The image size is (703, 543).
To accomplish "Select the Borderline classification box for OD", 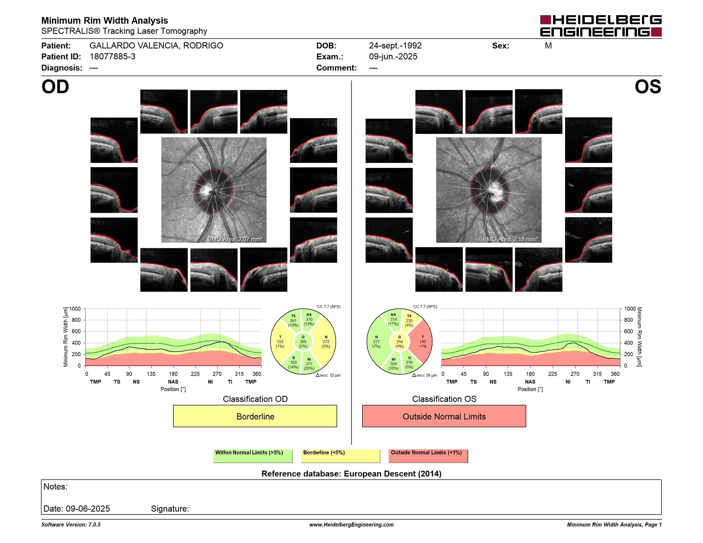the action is pos(255,416).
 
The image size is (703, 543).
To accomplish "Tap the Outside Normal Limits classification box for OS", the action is pos(444,416).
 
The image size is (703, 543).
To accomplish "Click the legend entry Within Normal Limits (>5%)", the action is pos(253,456).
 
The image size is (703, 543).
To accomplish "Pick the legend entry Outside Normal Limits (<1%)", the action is pos(428,456).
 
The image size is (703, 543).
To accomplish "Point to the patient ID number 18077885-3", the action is pos(112,57).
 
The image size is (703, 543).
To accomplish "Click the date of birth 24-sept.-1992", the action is pos(395,46).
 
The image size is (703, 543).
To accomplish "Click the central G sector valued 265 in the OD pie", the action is pos(303,342).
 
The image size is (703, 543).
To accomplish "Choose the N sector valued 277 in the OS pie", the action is pos(377,342).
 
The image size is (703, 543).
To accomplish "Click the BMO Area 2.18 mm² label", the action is pos(510,239).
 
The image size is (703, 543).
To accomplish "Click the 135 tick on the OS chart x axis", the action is pos(508,374).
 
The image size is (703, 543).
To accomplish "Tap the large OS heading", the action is pos(648,87).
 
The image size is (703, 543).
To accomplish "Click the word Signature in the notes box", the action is pos(170,509).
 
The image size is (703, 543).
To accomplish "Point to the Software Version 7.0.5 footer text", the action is pos(71,525).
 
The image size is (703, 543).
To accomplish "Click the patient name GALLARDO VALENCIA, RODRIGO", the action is pos(156,46).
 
